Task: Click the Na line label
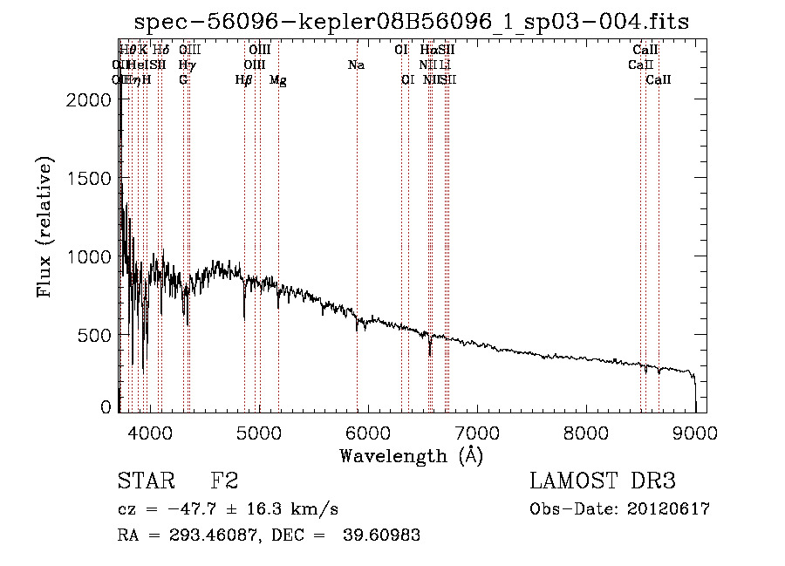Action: pyautogui.click(x=356, y=65)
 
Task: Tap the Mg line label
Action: pyautogui.click(x=278, y=80)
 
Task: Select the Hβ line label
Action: pyautogui.click(x=244, y=80)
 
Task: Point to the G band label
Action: pyautogui.click(x=183, y=80)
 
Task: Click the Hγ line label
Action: pyautogui.click(x=185, y=65)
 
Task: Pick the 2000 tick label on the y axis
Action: pyautogui.click(x=89, y=99)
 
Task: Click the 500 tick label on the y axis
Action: pyautogui.click(x=96, y=335)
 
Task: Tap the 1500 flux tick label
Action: pyautogui.click(x=89, y=178)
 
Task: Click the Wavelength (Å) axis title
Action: pyautogui.click(x=411, y=455)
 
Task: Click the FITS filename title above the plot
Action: pyautogui.click(x=412, y=23)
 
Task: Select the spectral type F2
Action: pyautogui.click(x=224, y=481)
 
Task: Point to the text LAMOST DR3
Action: pyautogui.click(x=602, y=481)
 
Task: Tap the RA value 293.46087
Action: pyautogui.click(x=204, y=535)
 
